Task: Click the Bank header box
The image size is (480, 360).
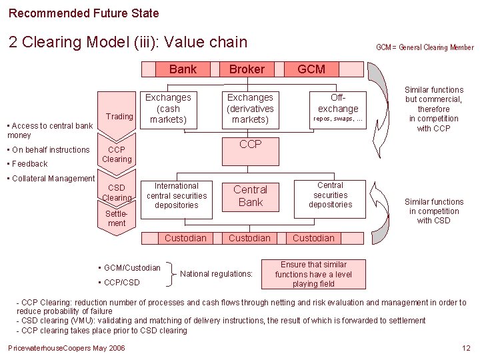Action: pos(183,69)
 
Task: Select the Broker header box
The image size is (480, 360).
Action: pos(247,69)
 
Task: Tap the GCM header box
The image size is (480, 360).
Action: pos(311,69)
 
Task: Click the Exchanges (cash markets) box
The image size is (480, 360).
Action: pos(168,109)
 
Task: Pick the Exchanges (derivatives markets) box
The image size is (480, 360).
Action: pos(250,109)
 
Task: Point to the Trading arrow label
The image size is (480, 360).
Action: pos(120,116)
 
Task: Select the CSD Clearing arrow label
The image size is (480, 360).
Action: pos(117,193)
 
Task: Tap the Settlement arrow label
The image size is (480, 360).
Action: pos(117,219)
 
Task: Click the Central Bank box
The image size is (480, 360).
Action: pos(250,196)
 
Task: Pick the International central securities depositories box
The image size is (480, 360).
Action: pos(177,196)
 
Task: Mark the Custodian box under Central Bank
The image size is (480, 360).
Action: pos(250,238)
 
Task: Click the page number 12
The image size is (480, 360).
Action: pos(466,348)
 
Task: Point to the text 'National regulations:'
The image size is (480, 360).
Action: pos(217,273)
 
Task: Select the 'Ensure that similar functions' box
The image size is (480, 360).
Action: pos(313,274)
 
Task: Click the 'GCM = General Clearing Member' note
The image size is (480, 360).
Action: pos(425,47)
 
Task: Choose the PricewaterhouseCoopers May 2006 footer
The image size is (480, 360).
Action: pos(66,348)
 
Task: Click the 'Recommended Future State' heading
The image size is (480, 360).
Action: pos(83,13)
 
